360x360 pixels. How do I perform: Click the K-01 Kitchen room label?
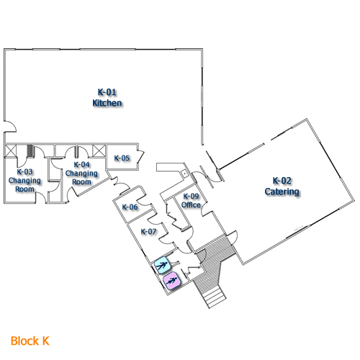[x=107, y=97]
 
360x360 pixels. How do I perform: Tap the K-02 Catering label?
[x=281, y=186]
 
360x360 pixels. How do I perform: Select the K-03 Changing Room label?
[x=24, y=176]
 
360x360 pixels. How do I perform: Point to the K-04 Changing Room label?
[x=81, y=173]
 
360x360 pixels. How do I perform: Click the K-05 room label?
[x=122, y=158]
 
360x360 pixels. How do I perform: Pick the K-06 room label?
[x=130, y=207]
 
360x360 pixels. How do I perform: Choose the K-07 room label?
[x=148, y=231]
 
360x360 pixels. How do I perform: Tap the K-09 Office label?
[x=191, y=201]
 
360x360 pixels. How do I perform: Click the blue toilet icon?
[x=162, y=264]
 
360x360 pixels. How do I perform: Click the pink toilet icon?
[x=171, y=281]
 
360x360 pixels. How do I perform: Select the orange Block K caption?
[x=30, y=339]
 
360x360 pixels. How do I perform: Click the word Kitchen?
[x=107, y=103]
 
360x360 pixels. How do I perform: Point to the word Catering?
[x=281, y=192]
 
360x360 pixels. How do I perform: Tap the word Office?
[x=191, y=205]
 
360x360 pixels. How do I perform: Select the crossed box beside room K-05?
[x=99, y=150]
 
